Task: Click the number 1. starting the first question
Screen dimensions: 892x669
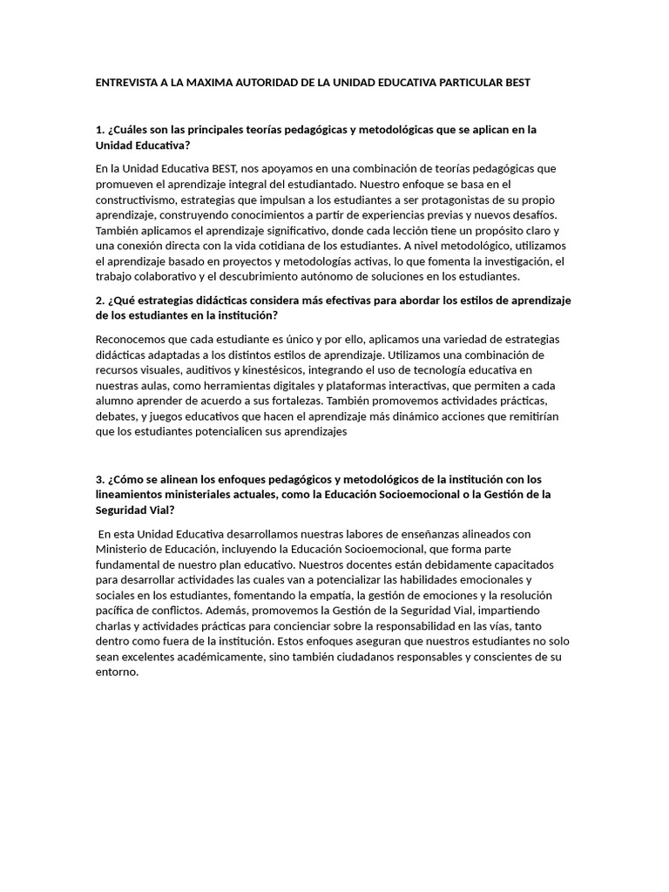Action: pos(100,130)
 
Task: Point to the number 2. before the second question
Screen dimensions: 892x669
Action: pos(100,301)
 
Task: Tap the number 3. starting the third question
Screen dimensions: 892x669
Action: pos(100,479)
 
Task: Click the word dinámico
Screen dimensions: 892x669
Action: pos(408,416)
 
